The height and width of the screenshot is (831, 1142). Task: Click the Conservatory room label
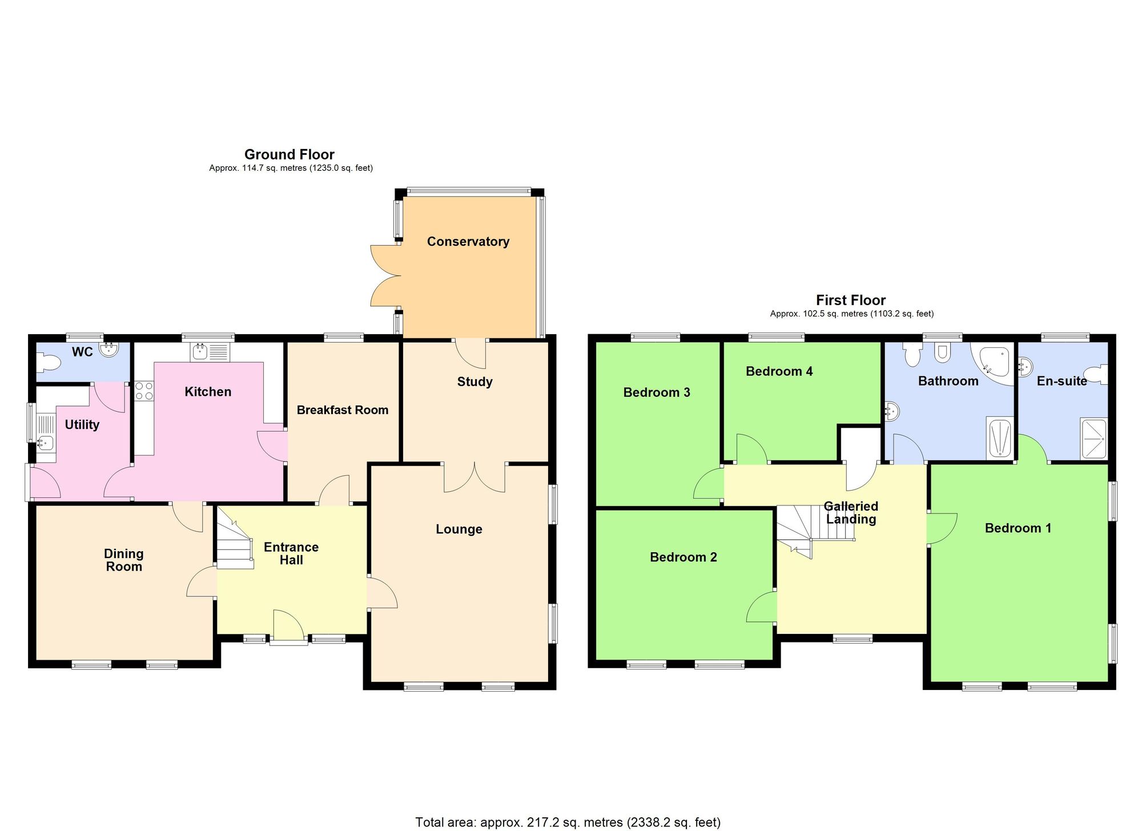coord(468,242)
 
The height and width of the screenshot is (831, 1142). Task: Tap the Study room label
coord(475,382)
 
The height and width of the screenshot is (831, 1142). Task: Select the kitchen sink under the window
coord(210,352)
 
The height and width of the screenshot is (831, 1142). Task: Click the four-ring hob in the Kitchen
coord(144,391)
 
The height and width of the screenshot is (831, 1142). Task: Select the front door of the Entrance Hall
coord(288,628)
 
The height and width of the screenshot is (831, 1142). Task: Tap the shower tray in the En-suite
coord(1093,439)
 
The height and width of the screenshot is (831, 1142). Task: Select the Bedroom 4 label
coord(779,371)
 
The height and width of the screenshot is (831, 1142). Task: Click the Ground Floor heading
coord(289,154)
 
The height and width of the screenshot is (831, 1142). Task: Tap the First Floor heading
coord(850,300)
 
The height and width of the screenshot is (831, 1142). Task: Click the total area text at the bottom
coord(568,822)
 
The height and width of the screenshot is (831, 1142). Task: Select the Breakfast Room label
coord(342,410)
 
